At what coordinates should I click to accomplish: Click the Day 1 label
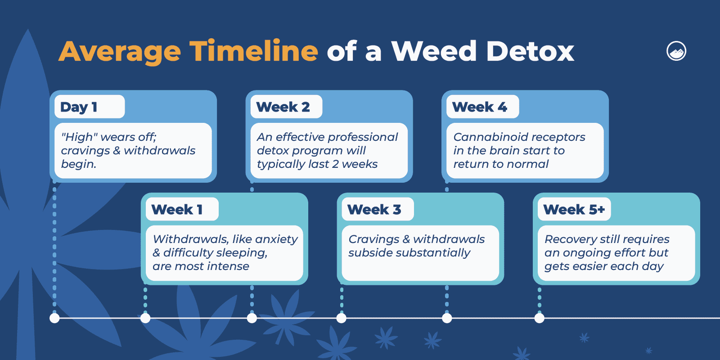tap(79, 107)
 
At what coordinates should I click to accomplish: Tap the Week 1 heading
tap(177, 210)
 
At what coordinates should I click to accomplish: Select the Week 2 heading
tap(283, 107)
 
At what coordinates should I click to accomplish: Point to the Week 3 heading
tap(374, 210)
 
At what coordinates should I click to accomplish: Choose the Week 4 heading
tap(480, 107)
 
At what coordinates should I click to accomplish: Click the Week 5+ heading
tap(574, 210)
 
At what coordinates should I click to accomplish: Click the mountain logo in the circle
tap(676, 51)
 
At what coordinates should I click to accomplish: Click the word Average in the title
tap(120, 52)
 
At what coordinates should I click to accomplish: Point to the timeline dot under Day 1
tap(54, 318)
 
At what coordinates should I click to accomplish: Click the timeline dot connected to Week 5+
tap(540, 318)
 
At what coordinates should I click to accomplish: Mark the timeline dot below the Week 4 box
tap(447, 318)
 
